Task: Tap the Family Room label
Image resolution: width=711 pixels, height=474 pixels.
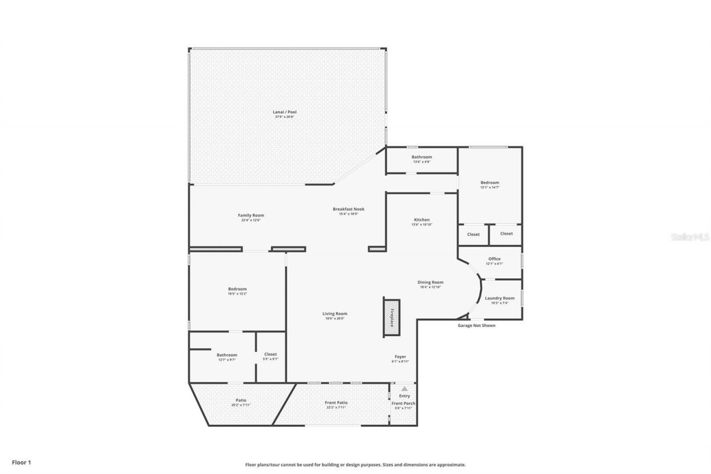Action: point(251,215)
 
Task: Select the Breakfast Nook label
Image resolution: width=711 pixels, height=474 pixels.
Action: point(348,209)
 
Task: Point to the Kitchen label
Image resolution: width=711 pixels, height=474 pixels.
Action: point(422,219)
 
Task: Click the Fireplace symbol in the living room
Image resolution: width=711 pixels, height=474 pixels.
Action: point(391,317)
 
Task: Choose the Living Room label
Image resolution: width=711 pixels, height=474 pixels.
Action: point(335,313)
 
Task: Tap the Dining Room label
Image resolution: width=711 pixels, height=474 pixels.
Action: point(430,282)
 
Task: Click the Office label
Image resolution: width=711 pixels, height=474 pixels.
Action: point(494,259)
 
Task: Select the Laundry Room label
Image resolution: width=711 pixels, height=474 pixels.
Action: point(499,298)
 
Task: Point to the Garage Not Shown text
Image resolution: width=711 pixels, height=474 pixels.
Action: point(476,326)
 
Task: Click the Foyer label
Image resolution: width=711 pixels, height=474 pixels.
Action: point(400,357)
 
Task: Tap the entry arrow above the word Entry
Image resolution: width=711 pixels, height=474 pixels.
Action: point(404,388)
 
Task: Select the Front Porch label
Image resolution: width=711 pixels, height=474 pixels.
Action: point(403,403)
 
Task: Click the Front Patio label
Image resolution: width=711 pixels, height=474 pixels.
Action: point(336,402)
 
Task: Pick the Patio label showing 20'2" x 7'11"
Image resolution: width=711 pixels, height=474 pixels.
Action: point(241,400)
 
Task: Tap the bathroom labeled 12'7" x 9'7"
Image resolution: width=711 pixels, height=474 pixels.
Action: point(227,357)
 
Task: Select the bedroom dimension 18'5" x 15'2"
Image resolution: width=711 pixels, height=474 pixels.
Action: point(237,294)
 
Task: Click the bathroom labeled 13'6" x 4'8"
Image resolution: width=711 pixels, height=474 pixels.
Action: point(422,159)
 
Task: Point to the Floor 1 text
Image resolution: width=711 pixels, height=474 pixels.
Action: point(21,462)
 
